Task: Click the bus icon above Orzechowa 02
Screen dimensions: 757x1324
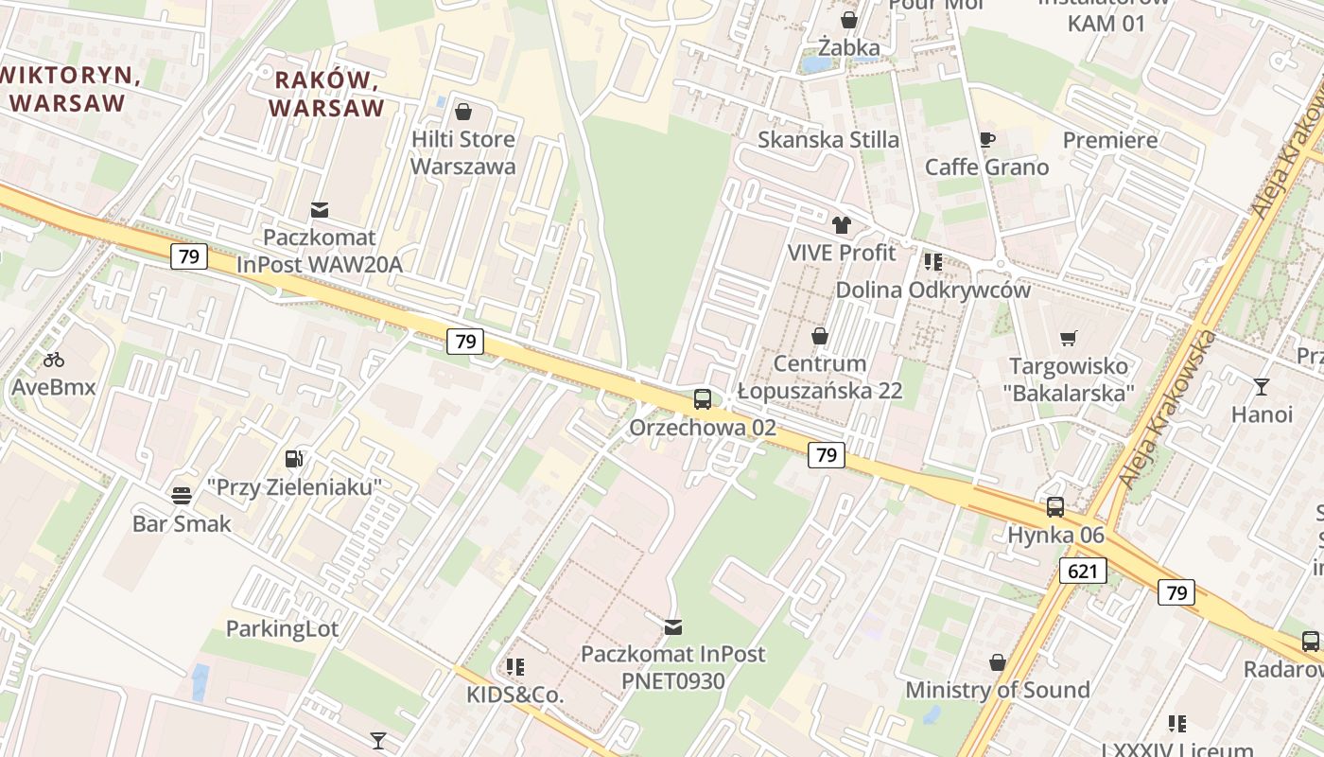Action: click(x=702, y=399)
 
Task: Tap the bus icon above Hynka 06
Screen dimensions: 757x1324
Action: click(x=1055, y=507)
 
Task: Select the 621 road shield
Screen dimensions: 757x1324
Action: click(x=1083, y=571)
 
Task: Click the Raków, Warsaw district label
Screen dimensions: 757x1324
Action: click(x=326, y=94)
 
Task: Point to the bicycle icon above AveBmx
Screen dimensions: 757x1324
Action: click(x=54, y=360)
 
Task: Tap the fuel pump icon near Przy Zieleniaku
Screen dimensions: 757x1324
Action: click(x=295, y=459)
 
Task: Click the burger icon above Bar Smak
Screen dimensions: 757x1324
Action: click(x=182, y=495)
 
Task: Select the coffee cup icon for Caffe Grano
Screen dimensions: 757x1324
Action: click(x=987, y=140)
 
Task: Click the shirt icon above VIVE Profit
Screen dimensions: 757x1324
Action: click(x=842, y=225)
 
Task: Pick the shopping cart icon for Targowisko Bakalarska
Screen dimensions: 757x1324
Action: click(x=1069, y=339)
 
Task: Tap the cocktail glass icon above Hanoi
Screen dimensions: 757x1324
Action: click(x=1262, y=386)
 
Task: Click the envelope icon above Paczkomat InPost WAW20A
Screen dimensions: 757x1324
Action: click(x=320, y=209)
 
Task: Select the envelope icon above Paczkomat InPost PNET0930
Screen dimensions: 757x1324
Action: click(x=673, y=626)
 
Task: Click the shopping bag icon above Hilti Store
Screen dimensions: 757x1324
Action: click(x=463, y=113)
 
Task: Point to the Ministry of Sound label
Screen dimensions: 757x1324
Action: click(x=998, y=690)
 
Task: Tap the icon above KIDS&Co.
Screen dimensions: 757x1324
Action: click(x=515, y=667)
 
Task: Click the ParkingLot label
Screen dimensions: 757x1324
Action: click(x=282, y=628)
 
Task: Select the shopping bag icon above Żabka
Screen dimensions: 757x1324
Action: click(x=849, y=20)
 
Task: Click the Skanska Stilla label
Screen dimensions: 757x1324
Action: click(x=828, y=140)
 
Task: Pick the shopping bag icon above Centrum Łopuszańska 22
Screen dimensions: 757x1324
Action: click(x=820, y=336)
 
